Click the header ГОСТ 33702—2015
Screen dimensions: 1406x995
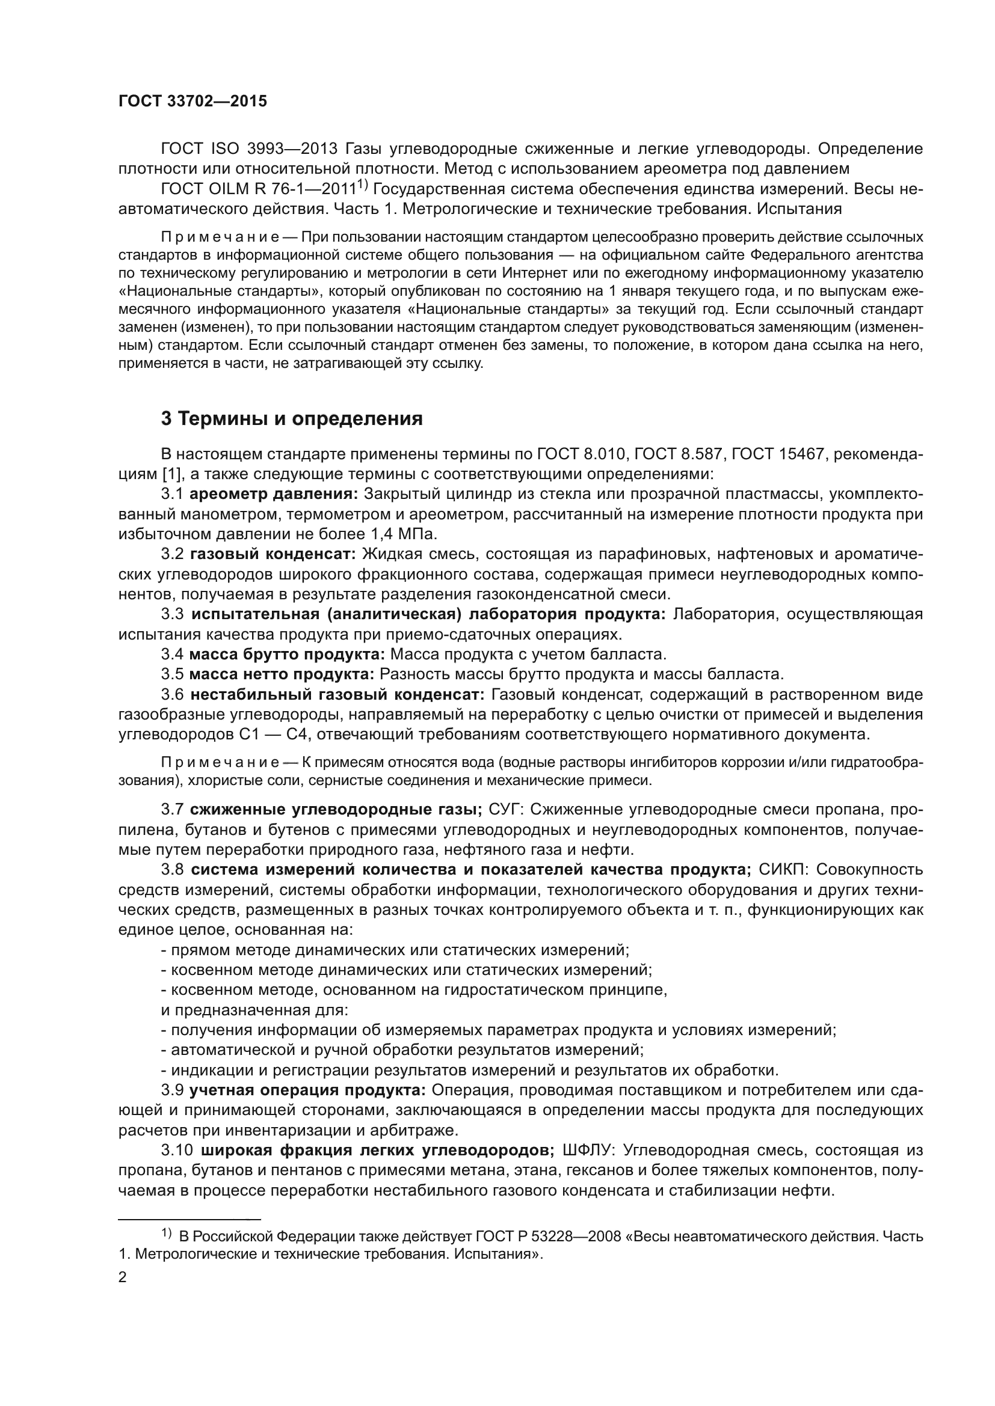(x=193, y=102)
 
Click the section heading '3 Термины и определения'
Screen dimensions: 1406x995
(x=292, y=419)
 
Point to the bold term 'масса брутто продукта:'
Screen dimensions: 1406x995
(x=287, y=654)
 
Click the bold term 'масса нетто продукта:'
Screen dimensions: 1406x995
(x=281, y=674)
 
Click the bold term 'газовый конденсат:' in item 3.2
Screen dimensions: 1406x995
(x=273, y=554)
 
